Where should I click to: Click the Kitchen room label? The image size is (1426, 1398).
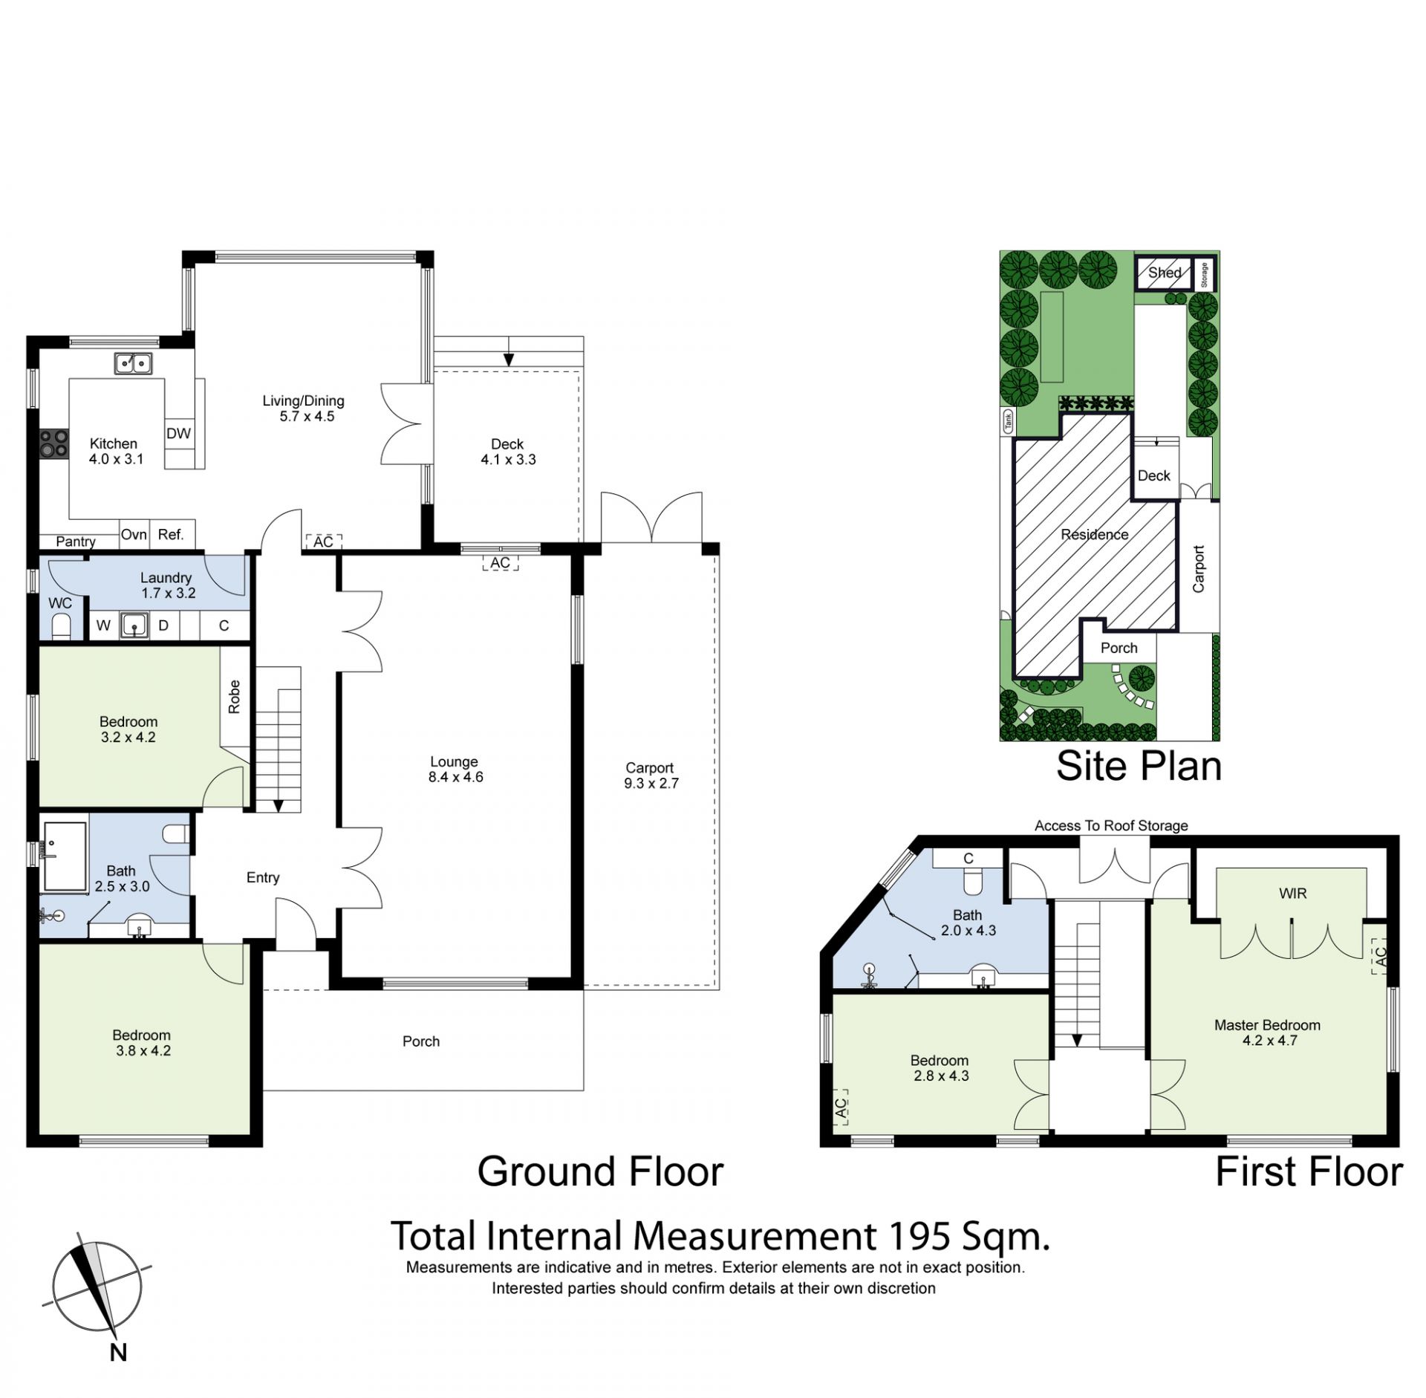(113, 443)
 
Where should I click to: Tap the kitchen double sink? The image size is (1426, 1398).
(133, 363)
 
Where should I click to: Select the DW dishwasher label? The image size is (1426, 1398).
(178, 434)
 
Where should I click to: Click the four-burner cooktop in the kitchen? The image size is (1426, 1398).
(53, 444)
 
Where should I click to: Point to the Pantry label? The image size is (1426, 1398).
(75, 542)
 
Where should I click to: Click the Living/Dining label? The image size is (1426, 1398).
(303, 401)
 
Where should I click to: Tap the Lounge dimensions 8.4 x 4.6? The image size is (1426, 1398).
(455, 777)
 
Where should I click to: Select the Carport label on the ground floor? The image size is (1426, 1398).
(649, 767)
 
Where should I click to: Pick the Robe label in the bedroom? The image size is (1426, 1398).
(235, 697)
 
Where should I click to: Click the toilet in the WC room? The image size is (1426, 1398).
(61, 626)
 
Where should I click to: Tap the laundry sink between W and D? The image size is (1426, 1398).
(134, 625)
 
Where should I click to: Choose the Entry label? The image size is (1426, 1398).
(263, 877)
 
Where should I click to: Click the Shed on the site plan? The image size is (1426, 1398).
(1164, 273)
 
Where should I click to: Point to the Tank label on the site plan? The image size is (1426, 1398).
(1008, 422)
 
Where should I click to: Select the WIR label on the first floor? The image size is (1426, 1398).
(1292, 894)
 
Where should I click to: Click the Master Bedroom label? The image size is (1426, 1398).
(1267, 1025)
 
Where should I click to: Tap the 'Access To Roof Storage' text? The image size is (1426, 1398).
(1111, 825)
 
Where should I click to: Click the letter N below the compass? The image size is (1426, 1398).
(118, 1353)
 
